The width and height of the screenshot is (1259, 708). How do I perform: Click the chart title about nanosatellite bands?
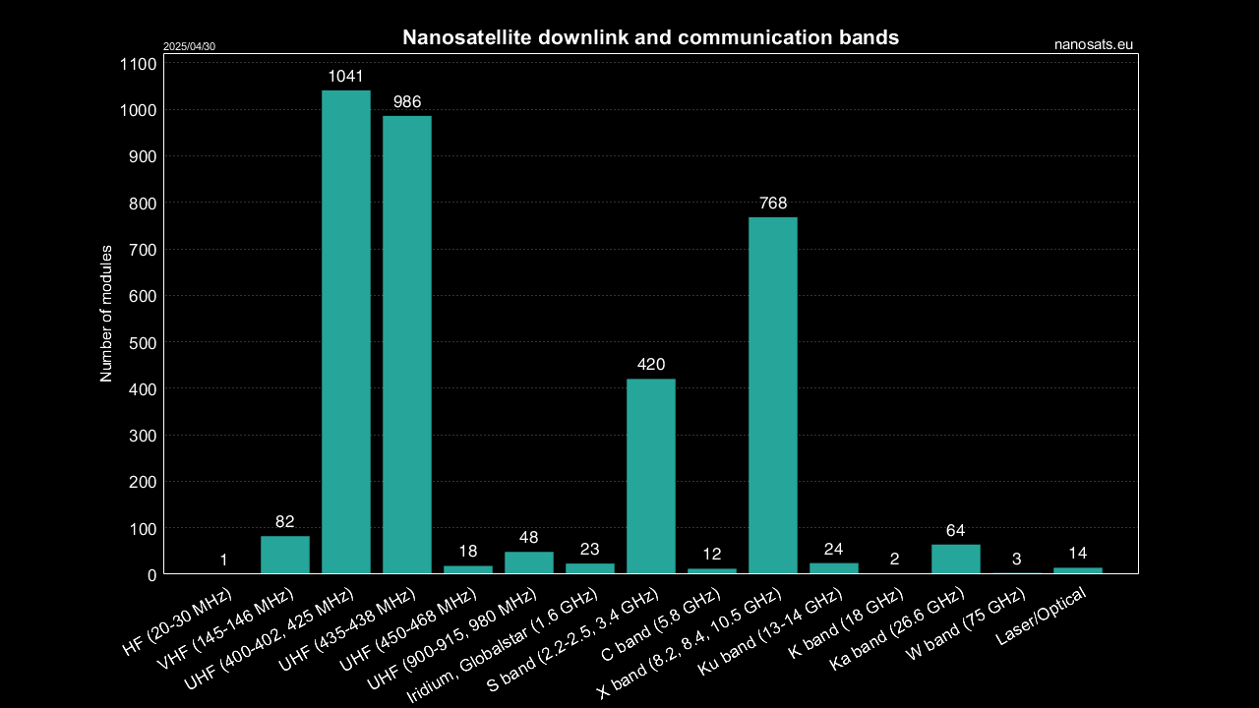click(x=650, y=38)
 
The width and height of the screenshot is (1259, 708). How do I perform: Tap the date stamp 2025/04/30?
click(x=189, y=46)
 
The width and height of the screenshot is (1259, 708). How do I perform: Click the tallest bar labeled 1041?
click(x=346, y=331)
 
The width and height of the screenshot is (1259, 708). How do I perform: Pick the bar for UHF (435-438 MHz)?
click(x=407, y=344)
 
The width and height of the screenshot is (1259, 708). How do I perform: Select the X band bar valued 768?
click(x=773, y=395)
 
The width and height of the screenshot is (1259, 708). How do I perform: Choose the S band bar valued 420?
click(x=651, y=476)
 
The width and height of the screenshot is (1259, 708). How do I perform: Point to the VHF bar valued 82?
click(x=285, y=555)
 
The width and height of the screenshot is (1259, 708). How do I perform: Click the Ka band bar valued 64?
click(x=956, y=559)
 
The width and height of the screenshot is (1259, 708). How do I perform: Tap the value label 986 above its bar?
click(x=407, y=102)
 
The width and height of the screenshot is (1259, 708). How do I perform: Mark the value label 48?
click(x=529, y=538)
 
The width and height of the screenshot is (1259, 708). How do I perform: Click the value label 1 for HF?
click(x=224, y=560)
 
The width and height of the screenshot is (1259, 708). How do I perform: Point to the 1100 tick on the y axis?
click(x=139, y=64)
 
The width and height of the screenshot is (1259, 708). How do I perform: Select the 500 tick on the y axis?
click(x=143, y=342)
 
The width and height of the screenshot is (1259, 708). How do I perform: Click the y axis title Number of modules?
click(x=106, y=314)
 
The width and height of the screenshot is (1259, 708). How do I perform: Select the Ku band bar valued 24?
click(x=834, y=567)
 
